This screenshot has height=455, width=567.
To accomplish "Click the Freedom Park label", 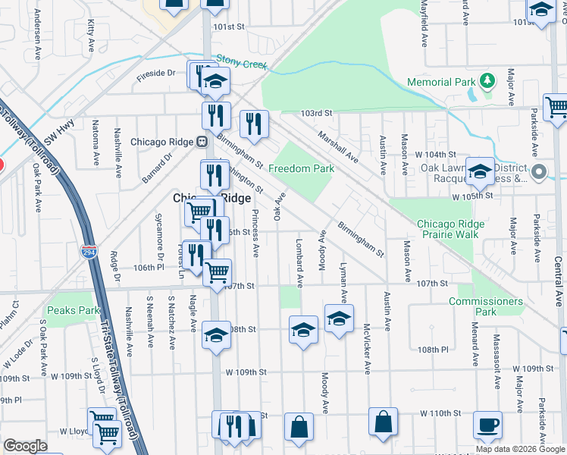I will point(301,168).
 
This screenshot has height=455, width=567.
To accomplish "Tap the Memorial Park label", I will point(440,81).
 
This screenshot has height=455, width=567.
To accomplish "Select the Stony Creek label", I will point(242,61).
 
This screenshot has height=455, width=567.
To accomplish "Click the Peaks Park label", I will point(73,310).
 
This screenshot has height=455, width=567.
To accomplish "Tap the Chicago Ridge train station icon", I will point(202,141).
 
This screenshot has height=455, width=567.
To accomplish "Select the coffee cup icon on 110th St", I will point(487,425).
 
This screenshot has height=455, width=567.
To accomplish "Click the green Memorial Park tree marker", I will point(490,80).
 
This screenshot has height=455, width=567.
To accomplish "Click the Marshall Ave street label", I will point(337,146).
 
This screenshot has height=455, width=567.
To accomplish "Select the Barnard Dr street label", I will point(157,169).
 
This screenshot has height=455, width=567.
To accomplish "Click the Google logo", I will point(26,446).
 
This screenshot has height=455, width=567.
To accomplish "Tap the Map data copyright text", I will point(519,449).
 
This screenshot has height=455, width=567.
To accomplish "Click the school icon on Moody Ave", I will point(339,318).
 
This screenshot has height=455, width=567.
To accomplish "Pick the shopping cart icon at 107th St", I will point(218,271).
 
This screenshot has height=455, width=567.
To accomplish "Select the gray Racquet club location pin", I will point(539,172).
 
